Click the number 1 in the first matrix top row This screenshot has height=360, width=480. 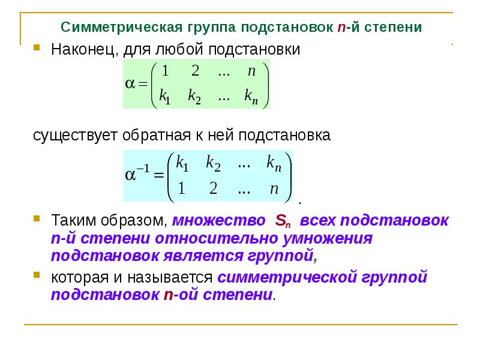[166, 71]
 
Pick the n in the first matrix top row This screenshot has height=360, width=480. [252, 71]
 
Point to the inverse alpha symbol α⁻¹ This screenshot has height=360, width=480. [136, 175]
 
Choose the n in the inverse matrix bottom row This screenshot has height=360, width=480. [274, 189]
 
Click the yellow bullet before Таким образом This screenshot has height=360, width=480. [37, 218]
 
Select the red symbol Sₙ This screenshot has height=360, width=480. [282, 221]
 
